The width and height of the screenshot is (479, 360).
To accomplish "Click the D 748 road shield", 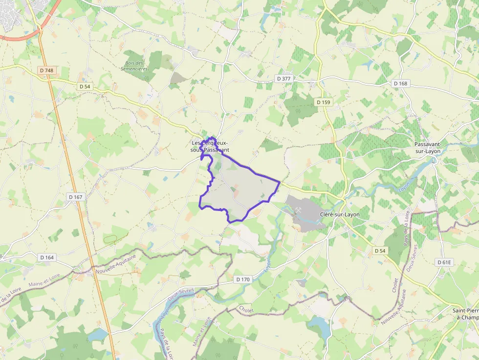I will pos(46,70).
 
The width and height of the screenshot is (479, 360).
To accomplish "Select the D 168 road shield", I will pos(400,84).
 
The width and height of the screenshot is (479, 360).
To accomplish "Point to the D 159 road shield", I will pos(323,102).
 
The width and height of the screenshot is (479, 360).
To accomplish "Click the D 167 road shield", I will pos(75,197).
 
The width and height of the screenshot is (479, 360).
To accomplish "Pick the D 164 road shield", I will pos(47,257).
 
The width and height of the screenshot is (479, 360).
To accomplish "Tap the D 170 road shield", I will pos(242,279).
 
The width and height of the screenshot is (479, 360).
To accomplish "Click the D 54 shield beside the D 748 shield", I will pos(85,86).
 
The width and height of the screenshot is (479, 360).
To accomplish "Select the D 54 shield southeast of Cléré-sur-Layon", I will pos(380,251).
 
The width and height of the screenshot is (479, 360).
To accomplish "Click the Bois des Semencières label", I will pos(134,66).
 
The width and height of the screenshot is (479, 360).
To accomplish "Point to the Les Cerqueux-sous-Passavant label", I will pos(210,146).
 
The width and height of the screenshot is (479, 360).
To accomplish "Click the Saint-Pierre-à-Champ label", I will pos(465,314).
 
